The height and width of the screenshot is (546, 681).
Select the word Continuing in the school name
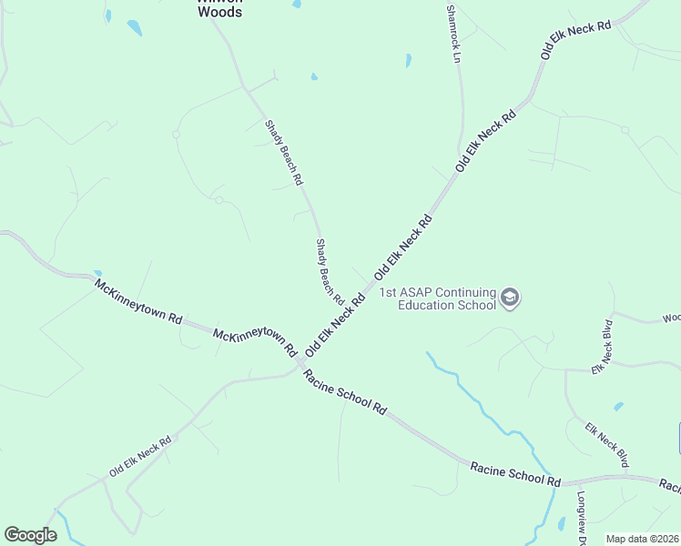click(x=464, y=292)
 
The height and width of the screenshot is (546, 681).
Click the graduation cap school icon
click(x=510, y=298)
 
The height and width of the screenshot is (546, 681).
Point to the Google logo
click(x=30, y=535)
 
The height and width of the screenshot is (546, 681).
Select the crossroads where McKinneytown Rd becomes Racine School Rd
click(x=300, y=364)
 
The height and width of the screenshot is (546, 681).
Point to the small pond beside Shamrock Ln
click(x=408, y=61)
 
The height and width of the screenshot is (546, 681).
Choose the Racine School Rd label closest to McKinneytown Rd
click(x=345, y=392)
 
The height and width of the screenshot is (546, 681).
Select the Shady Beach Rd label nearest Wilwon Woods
click(x=282, y=153)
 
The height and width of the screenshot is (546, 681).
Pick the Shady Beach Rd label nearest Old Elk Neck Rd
click(x=329, y=271)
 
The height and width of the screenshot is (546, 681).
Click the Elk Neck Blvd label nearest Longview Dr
click(x=606, y=445)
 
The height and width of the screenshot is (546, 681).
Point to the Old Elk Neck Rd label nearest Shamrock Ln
click(x=486, y=141)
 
